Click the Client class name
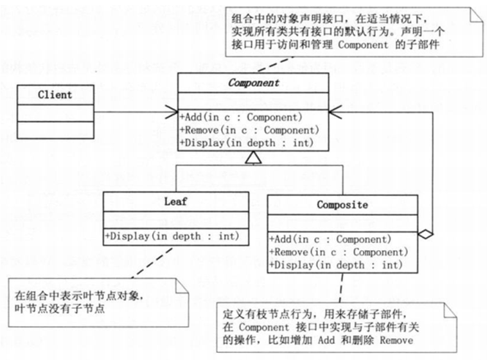pos(55,95)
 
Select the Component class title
pos(254,83)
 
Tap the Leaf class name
pos(175,202)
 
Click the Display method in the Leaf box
pos(172,237)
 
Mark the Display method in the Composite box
pos(335,264)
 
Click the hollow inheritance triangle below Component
pos(254,157)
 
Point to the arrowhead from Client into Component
pos(173,110)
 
